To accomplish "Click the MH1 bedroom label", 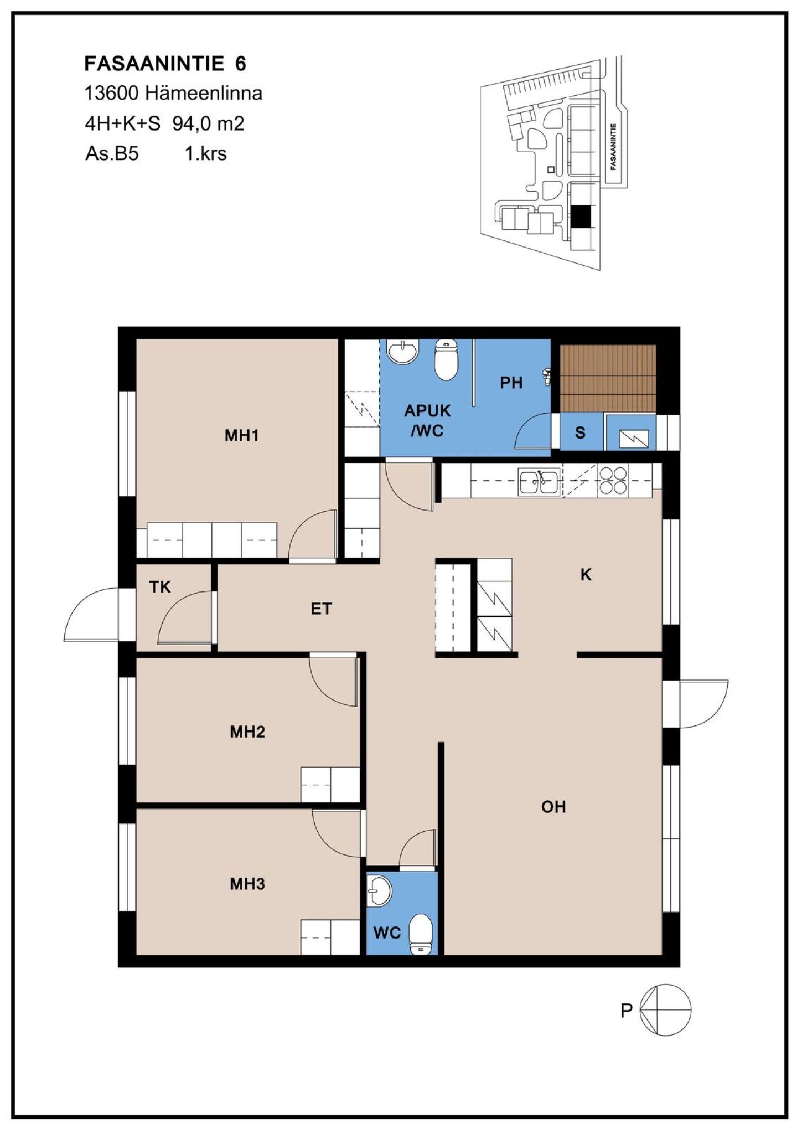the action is click(241, 436).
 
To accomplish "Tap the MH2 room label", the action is click(247, 732).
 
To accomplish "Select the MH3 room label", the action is click(247, 884).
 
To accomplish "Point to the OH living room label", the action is click(553, 807).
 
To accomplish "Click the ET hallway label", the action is click(321, 609).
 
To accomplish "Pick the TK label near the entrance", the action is click(160, 587).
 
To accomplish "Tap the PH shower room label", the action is click(511, 383).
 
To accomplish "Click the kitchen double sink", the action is click(539, 481).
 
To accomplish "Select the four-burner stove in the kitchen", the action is click(613, 480).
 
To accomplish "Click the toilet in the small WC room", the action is click(421, 935).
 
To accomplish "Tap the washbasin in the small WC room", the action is click(379, 892).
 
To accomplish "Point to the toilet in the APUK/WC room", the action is click(446, 360).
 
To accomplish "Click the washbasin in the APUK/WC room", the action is click(402, 351).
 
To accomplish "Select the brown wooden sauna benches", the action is click(608, 379).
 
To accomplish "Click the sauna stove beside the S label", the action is click(632, 432).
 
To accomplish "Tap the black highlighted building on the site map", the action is click(581, 216).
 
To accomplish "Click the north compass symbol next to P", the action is click(665, 1010).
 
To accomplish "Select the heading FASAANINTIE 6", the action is click(165, 64).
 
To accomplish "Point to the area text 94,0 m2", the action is click(208, 123).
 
